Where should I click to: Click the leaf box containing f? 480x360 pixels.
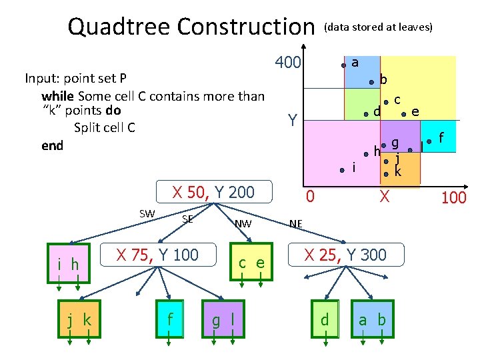[x=170, y=321]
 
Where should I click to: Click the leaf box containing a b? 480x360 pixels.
[x=372, y=321]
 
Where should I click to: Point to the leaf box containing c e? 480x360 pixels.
[x=251, y=263]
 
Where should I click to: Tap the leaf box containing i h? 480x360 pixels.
[x=68, y=265]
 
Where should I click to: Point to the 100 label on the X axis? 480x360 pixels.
[x=454, y=198]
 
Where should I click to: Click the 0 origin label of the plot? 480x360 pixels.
[x=309, y=196]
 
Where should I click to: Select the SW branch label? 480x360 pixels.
[x=147, y=213]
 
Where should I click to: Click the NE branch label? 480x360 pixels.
[x=296, y=224]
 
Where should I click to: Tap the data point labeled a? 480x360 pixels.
[x=344, y=65]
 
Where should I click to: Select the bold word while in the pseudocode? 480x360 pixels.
[x=58, y=96]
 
